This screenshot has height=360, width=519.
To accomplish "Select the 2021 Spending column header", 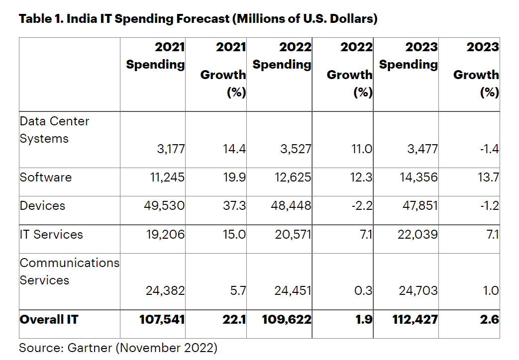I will [x=155, y=56].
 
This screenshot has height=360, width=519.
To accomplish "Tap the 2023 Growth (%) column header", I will [x=476, y=70].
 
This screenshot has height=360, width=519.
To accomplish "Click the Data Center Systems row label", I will [x=54, y=130].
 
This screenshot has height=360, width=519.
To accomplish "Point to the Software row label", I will [x=46, y=178].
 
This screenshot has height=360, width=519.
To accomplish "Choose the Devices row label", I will [x=42, y=206].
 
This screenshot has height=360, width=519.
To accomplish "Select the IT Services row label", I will [x=51, y=235].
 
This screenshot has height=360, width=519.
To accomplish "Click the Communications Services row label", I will [x=69, y=271].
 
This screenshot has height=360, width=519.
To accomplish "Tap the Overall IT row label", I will [x=49, y=320].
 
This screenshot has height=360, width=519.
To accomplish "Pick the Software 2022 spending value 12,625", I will [x=293, y=178].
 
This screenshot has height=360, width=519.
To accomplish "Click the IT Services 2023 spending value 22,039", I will [x=418, y=235].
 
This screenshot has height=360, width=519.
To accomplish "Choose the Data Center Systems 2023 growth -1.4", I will [x=489, y=149].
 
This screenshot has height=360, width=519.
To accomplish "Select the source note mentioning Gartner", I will [x=118, y=348].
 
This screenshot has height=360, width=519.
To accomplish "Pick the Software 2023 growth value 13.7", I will [x=488, y=178].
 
